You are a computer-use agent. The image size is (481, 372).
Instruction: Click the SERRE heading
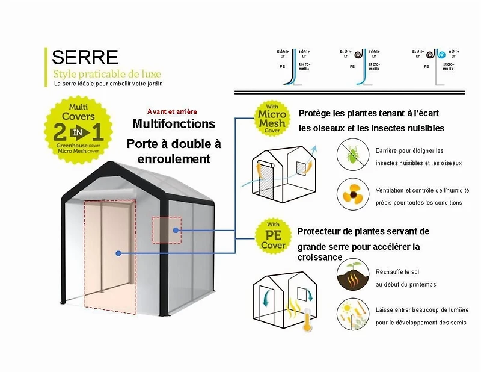pos(85,57)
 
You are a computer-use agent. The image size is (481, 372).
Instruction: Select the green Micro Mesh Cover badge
pos(272,117)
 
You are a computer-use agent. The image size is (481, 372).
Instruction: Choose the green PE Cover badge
pos(273,235)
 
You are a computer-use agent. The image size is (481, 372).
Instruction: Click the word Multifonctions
pos(173,124)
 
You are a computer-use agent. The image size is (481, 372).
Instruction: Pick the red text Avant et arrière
pos(172,111)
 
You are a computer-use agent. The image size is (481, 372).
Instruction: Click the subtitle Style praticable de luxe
pos(107,74)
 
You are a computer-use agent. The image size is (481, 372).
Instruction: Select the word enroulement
pos(174,159)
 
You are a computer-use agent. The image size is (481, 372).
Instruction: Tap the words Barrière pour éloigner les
pos(409,150)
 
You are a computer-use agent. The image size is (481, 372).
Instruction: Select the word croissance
pos(320,257)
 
